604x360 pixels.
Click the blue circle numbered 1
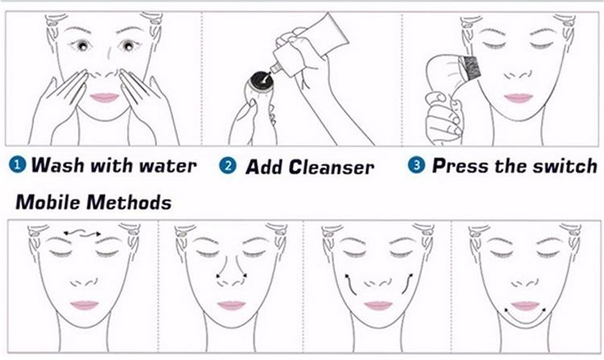pos(16,166)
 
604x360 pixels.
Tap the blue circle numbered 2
pos(229,167)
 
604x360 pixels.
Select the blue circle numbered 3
pos(416,166)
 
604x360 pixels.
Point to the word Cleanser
pos(332,167)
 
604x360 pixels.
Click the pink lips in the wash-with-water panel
pos(105,97)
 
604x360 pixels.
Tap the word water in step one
pos(167,166)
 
